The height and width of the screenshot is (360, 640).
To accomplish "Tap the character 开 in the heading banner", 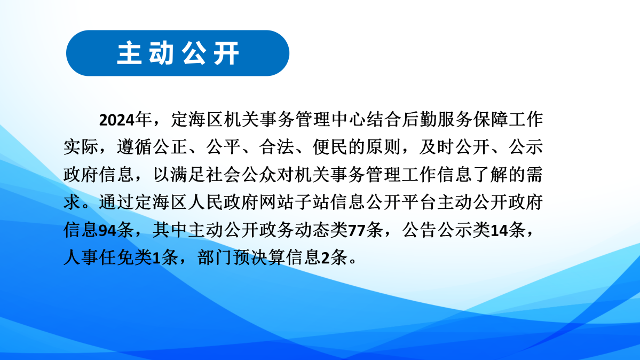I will click(227, 53).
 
